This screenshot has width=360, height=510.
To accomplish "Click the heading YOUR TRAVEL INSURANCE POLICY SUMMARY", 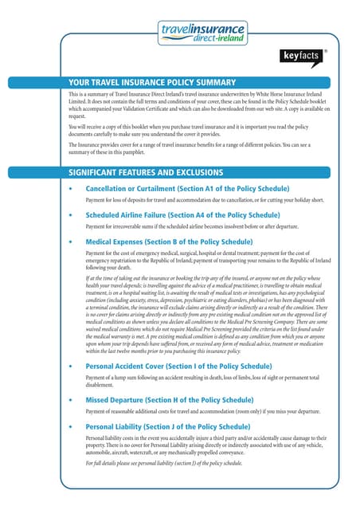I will coord(152,82).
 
